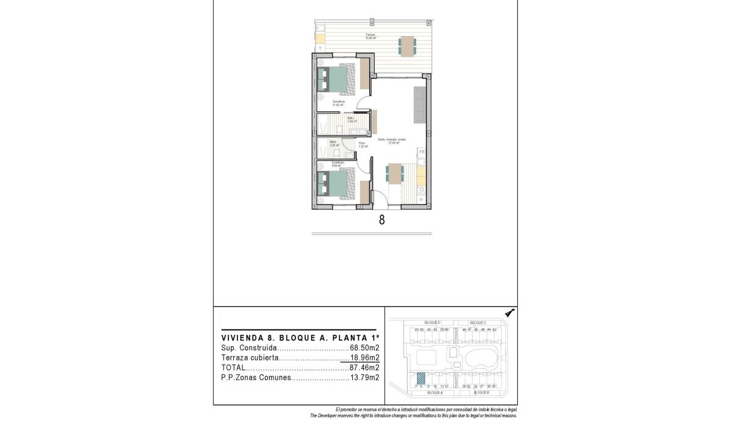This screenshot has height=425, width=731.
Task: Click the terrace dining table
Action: pyautogui.click(x=408, y=46)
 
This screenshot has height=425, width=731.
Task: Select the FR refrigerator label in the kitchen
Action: pyautogui.click(x=420, y=152)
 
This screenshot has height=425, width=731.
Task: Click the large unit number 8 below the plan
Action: pyautogui.click(x=381, y=220)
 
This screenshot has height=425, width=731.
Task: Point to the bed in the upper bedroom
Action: pyautogui.click(x=334, y=80)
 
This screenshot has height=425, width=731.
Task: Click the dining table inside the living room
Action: pyautogui.click(x=394, y=174)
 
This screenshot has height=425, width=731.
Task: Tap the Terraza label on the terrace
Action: pyautogui.click(x=370, y=35)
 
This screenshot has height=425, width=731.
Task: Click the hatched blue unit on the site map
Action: pyautogui.click(x=421, y=378)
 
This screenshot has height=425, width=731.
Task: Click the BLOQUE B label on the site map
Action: pyautogui.click(x=479, y=393)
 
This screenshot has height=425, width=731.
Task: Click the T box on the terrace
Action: pyautogui.click(x=319, y=47)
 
